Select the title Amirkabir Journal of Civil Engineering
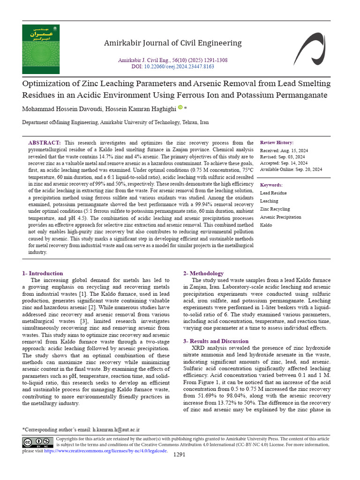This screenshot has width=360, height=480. click(x=172, y=43)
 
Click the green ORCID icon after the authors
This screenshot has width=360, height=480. click(x=180, y=108)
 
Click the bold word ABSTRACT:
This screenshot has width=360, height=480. click(x=45, y=142)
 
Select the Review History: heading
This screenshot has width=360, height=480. click(x=277, y=142)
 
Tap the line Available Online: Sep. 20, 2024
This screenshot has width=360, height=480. click(x=291, y=169)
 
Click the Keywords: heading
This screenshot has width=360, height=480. click(x=271, y=185)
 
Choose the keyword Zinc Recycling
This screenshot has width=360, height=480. click(x=275, y=209)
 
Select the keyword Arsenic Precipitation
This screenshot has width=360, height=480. click(x=280, y=217)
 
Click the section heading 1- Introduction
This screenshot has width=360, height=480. click(x=43, y=273)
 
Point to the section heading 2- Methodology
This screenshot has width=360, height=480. click(x=203, y=273)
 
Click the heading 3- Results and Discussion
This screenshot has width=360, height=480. click(x=216, y=341)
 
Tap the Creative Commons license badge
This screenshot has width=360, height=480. click(x=38, y=442)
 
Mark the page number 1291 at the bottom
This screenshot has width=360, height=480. click(x=180, y=455)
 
